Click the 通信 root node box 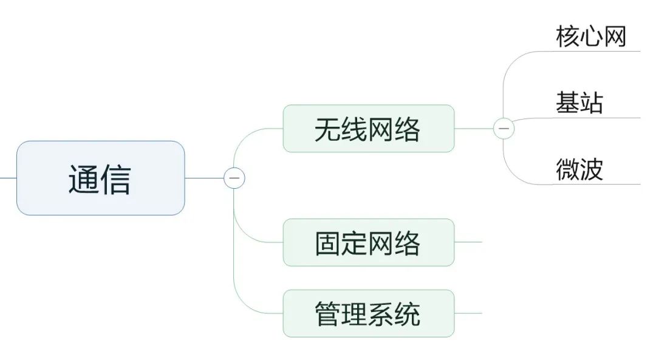tap(100, 178)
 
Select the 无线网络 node tap(368, 129)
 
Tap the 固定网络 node tap(368, 242)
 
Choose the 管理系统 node tap(368, 313)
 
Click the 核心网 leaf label tap(590, 37)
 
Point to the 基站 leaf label tap(579, 103)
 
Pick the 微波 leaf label tap(579, 169)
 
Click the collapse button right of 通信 tap(234, 178)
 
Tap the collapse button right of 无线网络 tap(504, 129)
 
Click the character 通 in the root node tap(83, 179)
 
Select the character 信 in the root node tap(116, 179)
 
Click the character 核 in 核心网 tap(567, 37)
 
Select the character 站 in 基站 tap(591, 103)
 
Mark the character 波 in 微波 tap(591, 169)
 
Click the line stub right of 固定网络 tap(468, 242)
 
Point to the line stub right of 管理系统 tap(468, 313)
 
